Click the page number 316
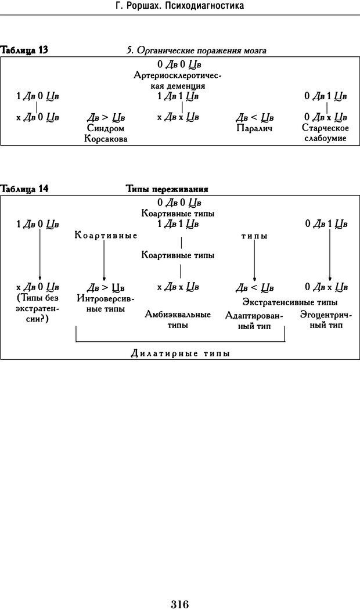click(x=180, y=588)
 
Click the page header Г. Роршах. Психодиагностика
click(x=179, y=6)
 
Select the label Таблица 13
click(x=25, y=50)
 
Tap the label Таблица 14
click(x=25, y=189)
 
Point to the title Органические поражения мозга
click(x=197, y=50)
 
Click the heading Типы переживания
click(x=167, y=189)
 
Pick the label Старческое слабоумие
click(x=325, y=133)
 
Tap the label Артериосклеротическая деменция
click(x=178, y=80)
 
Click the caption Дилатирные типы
click(x=180, y=353)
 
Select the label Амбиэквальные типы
click(x=178, y=320)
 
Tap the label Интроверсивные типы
click(x=105, y=304)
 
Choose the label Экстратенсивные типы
click(x=290, y=302)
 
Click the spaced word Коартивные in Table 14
click(x=106, y=236)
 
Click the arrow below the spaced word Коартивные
click(x=104, y=261)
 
